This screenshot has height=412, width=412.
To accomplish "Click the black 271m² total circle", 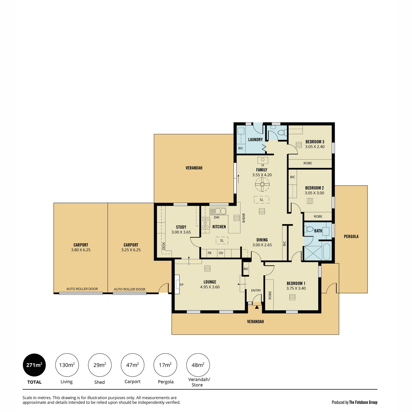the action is (x=34, y=365).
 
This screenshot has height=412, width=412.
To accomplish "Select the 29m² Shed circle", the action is (x=100, y=365).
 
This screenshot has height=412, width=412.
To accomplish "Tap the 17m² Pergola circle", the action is (x=165, y=365).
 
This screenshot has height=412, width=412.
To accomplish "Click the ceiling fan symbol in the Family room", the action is (x=262, y=184).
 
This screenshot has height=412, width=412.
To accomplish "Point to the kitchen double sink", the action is (x=217, y=211).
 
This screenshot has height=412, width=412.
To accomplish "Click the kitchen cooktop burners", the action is (x=205, y=223).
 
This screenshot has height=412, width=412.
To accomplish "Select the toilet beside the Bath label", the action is (x=309, y=229).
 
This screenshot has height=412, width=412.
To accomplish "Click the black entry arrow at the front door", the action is (x=257, y=307).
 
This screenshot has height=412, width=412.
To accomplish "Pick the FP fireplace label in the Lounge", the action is (x=182, y=285).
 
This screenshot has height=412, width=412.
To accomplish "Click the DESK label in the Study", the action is (x=163, y=246).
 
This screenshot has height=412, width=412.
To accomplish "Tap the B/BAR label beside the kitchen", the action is (x=243, y=218).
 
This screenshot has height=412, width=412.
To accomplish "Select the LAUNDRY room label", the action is (x=255, y=140).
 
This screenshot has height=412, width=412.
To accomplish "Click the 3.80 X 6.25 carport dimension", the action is (x=81, y=250).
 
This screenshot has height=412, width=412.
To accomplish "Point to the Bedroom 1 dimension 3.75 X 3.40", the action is (x=296, y=288).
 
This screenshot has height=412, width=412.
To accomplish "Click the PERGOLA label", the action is (x=351, y=237).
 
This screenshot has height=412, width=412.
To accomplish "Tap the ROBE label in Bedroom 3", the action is (x=308, y=163).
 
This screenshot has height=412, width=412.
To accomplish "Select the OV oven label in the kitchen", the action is (x=221, y=253).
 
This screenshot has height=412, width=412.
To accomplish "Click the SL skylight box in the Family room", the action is (x=262, y=200).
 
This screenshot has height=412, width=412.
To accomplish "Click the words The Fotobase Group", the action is (x=363, y=402).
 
